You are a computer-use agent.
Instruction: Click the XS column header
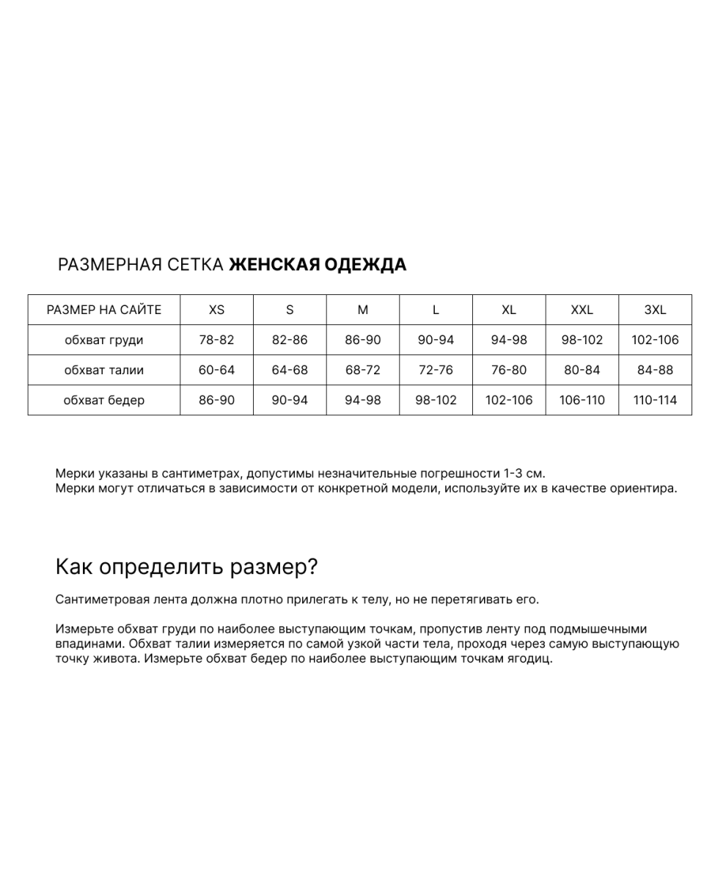pos(216,310)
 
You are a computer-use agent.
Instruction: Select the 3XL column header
pos(655,310)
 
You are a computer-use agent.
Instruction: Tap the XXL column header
pos(582,310)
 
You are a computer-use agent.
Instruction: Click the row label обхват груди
pos(103,340)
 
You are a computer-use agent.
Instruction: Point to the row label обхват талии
pos(103,370)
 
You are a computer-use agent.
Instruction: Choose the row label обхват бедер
pos(103,400)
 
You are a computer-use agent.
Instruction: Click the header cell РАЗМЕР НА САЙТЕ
pos(103,310)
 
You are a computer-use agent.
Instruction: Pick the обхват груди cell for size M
pos(363,340)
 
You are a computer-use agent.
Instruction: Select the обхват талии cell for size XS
pos(216,370)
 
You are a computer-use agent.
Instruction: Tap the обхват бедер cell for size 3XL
pos(655,400)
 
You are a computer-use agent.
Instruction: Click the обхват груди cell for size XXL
pos(582,340)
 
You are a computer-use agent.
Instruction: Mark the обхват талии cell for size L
pos(436,370)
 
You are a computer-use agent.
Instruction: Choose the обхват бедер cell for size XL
pos(509,400)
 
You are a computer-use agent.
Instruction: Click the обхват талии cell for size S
pos(290,370)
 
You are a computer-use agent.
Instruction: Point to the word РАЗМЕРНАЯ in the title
pos(109,265)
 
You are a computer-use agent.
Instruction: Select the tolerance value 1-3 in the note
pos(515,473)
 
